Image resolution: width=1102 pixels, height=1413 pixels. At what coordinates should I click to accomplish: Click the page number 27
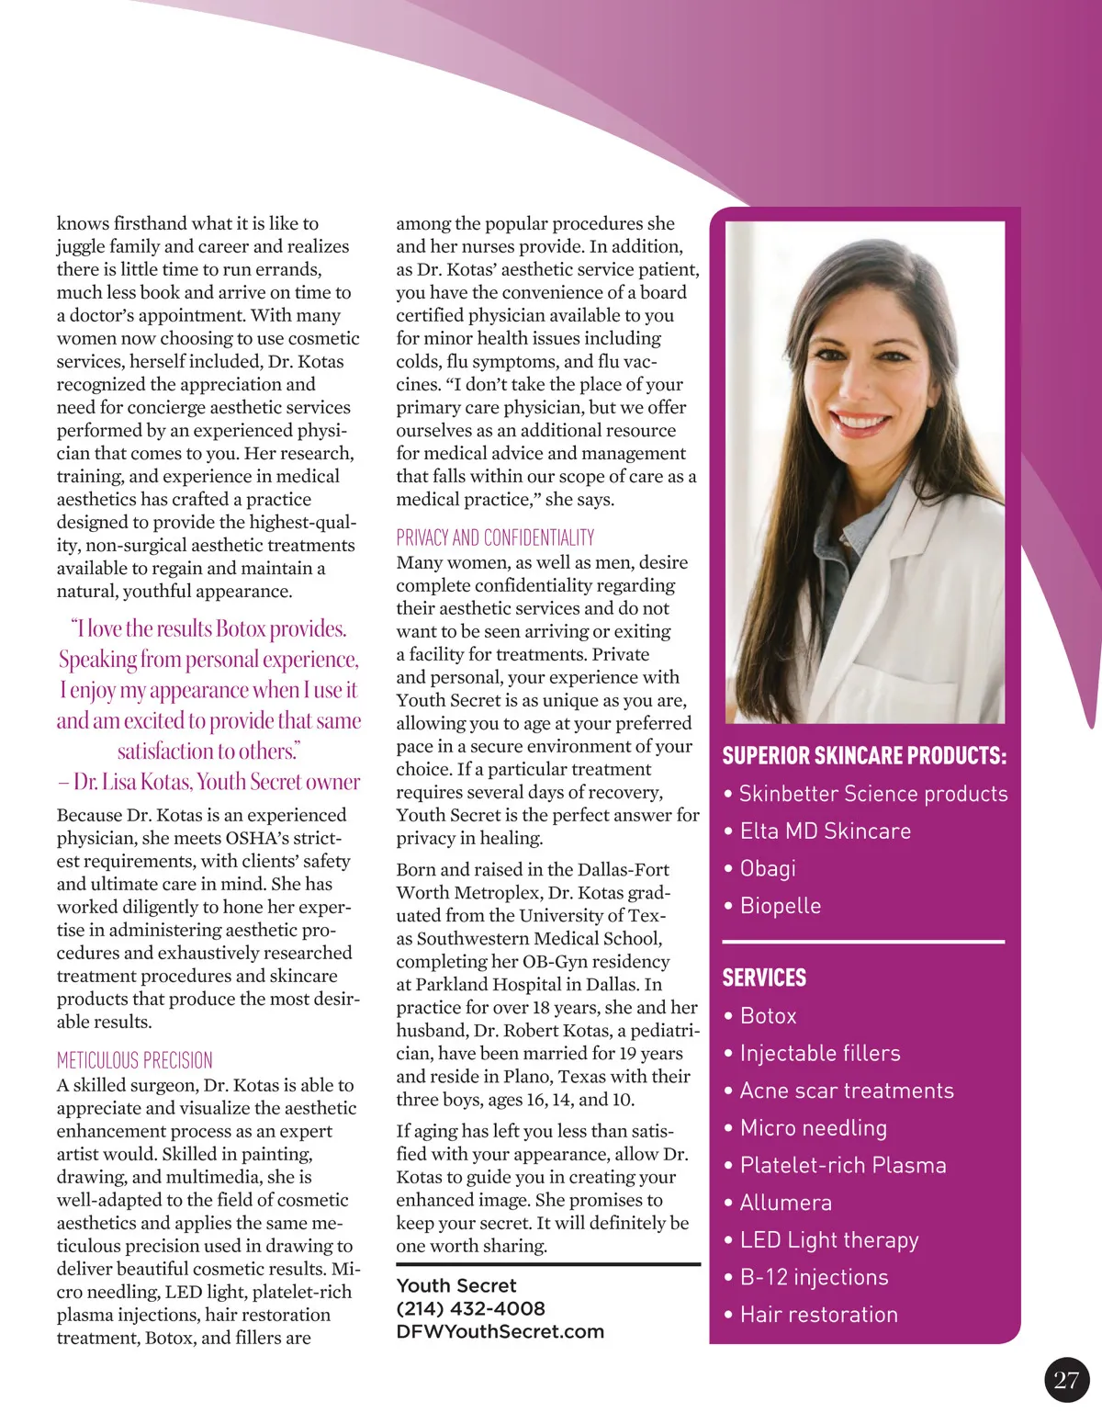[x=1066, y=1380]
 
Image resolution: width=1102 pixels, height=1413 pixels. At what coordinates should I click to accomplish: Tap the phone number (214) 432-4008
[x=470, y=1308]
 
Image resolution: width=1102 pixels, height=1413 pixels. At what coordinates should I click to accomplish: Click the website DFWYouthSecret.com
[x=500, y=1331]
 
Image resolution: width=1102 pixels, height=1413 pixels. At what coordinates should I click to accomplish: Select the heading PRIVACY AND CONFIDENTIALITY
[x=495, y=537]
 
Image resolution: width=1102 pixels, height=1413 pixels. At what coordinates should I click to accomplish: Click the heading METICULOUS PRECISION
[x=134, y=1060]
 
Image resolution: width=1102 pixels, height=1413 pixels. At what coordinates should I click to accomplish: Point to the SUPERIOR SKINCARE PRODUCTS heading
[x=863, y=756]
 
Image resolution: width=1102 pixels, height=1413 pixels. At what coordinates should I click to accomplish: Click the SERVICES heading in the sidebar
[x=764, y=978]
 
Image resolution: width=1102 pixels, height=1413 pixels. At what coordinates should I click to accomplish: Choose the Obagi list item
[x=768, y=868]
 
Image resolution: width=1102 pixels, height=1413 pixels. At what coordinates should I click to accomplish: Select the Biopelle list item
[x=780, y=906]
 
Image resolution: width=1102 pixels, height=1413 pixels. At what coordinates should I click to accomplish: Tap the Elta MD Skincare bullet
[x=825, y=831]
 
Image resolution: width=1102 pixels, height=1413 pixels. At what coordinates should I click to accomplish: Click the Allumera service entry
[x=785, y=1203]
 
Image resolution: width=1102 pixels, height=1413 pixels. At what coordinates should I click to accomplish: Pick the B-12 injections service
[x=814, y=1277]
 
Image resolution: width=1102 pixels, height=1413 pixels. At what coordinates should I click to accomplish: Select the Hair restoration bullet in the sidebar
[x=818, y=1315]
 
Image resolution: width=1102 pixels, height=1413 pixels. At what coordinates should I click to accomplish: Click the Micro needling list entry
[x=813, y=1128]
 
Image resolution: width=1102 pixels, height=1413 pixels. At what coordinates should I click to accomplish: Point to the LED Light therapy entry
[x=828, y=1240]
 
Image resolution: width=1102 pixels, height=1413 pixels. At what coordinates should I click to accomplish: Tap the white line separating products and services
[x=863, y=942]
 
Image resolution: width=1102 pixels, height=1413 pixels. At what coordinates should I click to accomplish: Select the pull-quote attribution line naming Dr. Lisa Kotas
[x=209, y=782]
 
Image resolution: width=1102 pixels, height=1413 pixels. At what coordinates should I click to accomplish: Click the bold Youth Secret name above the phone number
[x=455, y=1285]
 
